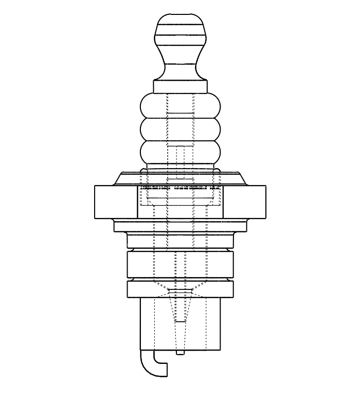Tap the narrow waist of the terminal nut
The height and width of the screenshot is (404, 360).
pyautogui.click(x=180, y=64)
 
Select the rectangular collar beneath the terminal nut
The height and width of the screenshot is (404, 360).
pyautogui.click(x=180, y=87)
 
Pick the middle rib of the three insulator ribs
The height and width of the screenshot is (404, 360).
pyautogui.click(x=180, y=130)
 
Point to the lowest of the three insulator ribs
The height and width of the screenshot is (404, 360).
pyautogui.click(x=180, y=152)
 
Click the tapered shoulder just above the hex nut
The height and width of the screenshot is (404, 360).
pyautogui.click(x=180, y=178)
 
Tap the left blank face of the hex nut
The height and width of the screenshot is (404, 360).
pyautogui.click(x=116, y=202)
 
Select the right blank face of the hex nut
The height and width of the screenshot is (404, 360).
pyautogui.click(x=244, y=202)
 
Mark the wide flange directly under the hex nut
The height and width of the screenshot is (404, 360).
pyautogui.click(x=180, y=226)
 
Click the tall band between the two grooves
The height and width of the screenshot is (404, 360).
pyautogui.click(x=180, y=265)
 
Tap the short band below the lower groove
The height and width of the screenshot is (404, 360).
pyautogui.click(x=180, y=289)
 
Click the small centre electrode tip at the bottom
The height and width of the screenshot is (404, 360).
pyautogui.click(x=180, y=353)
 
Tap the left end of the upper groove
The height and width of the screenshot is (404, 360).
pyautogui.click(x=130, y=250)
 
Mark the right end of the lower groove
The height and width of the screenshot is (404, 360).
pyautogui.click(x=231, y=280)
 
